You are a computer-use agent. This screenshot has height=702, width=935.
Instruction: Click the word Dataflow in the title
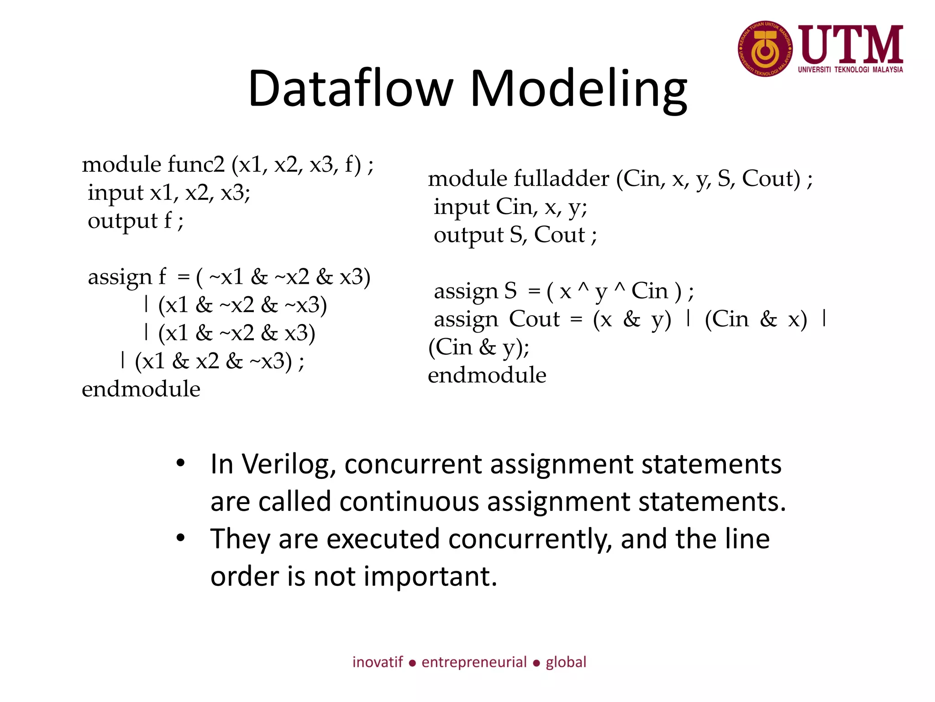[x=351, y=89]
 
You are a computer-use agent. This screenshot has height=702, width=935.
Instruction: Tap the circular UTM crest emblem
[x=765, y=49]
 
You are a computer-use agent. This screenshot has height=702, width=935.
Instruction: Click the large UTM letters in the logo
[x=851, y=45]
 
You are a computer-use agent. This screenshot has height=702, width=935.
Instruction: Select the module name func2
[x=196, y=165]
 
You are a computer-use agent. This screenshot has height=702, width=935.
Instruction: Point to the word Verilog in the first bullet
[x=289, y=465]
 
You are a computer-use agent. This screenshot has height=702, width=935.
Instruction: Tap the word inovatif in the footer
[x=378, y=662]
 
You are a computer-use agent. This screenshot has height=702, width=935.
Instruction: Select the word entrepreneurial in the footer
[x=474, y=662]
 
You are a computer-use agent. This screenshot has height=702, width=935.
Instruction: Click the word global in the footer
[x=566, y=662]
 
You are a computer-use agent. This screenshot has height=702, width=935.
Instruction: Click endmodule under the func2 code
[x=141, y=389]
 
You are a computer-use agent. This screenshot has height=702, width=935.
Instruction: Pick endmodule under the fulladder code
[x=487, y=376]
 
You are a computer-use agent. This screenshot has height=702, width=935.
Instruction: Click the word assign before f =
[x=120, y=277]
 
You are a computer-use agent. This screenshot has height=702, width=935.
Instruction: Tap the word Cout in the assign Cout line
[x=534, y=319]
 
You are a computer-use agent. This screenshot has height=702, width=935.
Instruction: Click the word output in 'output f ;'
[x=122, y=221]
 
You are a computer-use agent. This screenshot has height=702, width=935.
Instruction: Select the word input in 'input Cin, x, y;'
[x=461, y=207]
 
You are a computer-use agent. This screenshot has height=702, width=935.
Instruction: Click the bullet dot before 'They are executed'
[x=181, y=538]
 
